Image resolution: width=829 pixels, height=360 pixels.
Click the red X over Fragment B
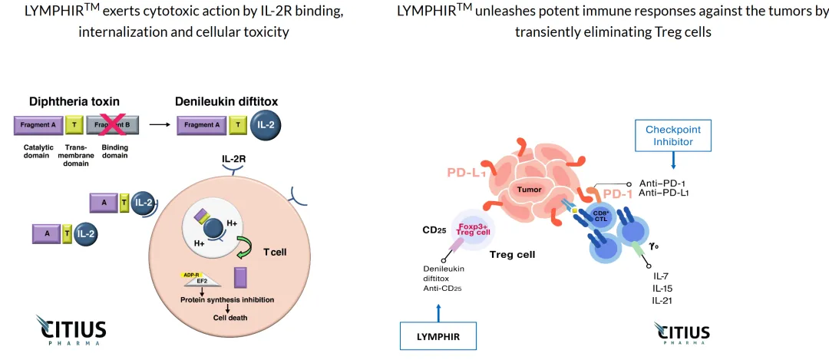[x=116, y=125]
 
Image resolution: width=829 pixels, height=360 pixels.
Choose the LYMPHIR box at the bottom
[x=438, y=336]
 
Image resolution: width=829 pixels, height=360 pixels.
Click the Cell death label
[x=230, y=316]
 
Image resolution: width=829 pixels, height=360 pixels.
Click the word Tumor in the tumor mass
[x=529, y=189]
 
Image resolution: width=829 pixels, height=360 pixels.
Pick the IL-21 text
[x=662, y=299]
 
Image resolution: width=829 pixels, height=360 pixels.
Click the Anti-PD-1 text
[x=662, y=183]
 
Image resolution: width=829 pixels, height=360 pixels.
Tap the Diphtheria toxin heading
[x=74, y=101]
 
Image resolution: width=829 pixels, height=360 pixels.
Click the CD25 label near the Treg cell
[x=434, y=230]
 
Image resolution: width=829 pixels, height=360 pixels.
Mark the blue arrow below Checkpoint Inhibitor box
[x=673, y=160]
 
